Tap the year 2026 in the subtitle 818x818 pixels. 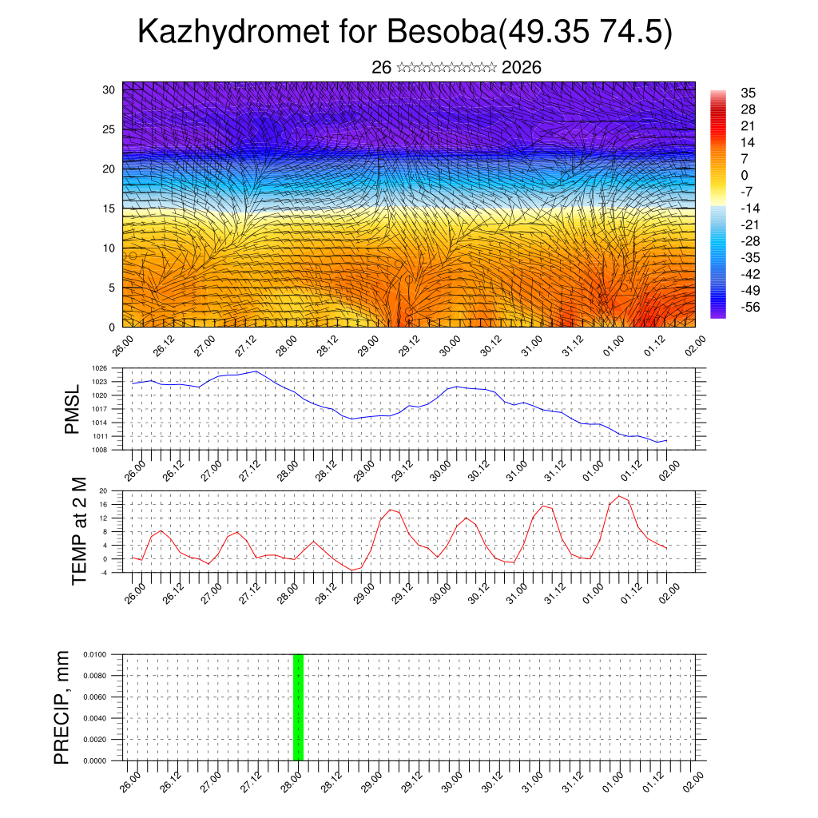pyautogui.click(x=522, y=68)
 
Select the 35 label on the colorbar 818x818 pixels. pyautogui.click(x=749, y=93)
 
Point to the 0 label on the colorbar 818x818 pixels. pyautogui.click(x=745, y=175)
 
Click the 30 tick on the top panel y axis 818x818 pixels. pyautogui.click(x=109, y=89)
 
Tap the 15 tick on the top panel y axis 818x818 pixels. pyautogui.click(x=109, y=208)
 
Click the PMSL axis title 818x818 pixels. pyautogui.click(x=72, y=410)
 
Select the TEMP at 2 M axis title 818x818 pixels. pyautogui.click(x=79, y=531)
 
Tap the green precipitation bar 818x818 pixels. pyautogui.click(x=298, y=707)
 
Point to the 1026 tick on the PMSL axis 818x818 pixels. pyautogui.click(x=99, y=369)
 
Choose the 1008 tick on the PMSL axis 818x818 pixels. pyautogui.click(x=99, y=450)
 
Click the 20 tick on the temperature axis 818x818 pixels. pyautogui.click(x=103, y=490)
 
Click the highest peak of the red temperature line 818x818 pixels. pyautogui.click(x=618, y=496)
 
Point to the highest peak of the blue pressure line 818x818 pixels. pyautogui.click(x=256, y=371)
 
